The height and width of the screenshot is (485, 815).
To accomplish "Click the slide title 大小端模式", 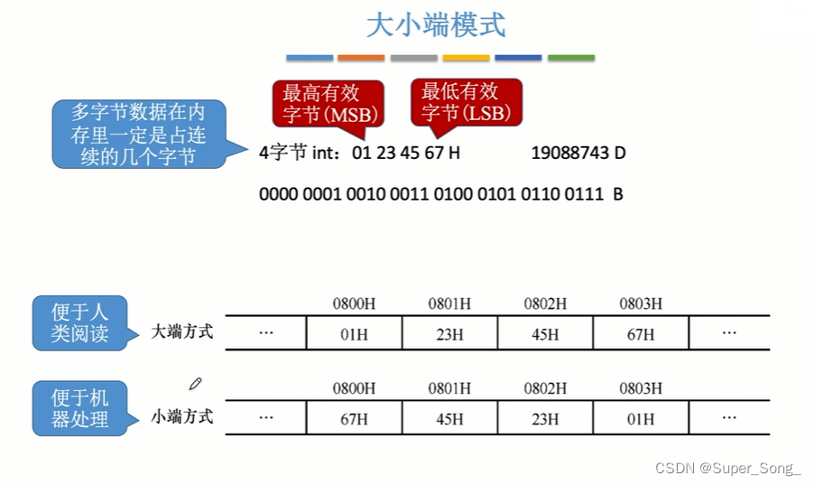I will [435, 24].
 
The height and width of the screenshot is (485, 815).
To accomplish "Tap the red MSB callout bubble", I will [328, 103].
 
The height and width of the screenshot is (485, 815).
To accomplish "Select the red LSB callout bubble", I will [466, 102].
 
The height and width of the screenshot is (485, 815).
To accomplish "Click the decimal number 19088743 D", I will [579, 153].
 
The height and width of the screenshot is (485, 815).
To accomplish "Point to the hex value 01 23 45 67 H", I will [406, 153].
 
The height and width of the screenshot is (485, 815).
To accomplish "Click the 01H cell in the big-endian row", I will [354, 334].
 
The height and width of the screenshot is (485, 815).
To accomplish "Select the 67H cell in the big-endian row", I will [641, 334].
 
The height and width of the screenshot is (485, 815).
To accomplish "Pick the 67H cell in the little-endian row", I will [354, 419].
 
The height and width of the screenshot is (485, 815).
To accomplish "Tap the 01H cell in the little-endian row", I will [641, 419].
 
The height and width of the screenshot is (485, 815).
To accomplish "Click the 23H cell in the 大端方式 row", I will [449, 334].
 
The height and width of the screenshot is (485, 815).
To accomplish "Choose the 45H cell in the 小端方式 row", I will [449, 419].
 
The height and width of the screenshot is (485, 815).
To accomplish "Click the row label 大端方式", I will [182, 331].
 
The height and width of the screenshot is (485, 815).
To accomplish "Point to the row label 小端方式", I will [182, 416].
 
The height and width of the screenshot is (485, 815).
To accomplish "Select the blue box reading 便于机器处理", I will [79, 408].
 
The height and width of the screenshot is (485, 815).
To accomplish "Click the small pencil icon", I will [196, 384].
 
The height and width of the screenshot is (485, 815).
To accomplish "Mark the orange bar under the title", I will [361, 58].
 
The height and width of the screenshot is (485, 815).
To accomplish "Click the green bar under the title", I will [571, 58].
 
